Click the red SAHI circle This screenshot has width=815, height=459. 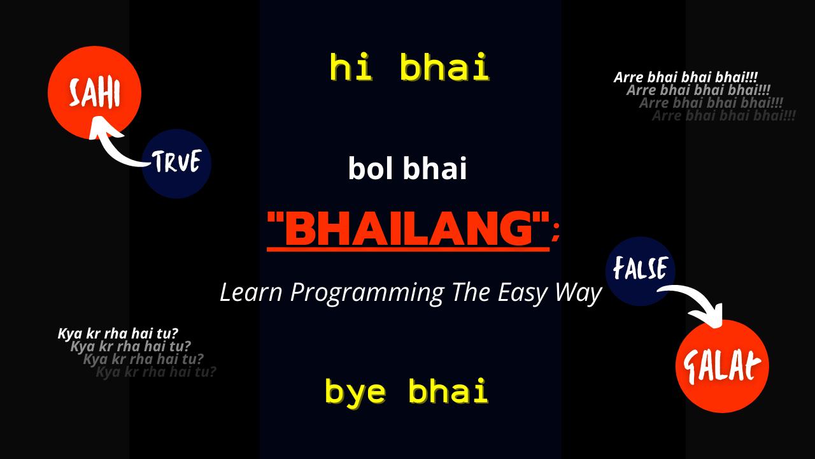(94, 93)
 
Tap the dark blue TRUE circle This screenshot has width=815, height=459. (176, 163)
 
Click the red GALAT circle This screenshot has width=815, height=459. (722, 366)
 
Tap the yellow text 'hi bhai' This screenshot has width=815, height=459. (409, 68)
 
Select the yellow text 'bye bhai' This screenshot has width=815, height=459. (406, 391)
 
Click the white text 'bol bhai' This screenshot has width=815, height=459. (407, 170)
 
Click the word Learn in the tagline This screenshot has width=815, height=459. (252, 293)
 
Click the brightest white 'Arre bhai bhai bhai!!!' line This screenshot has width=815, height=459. (685, 77)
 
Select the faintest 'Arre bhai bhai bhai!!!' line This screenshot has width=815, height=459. (724, 116)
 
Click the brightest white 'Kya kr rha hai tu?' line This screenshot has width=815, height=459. (118, 333)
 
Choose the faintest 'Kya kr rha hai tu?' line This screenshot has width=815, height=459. (156, 372)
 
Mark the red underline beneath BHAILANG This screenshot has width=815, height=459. (408, 249)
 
